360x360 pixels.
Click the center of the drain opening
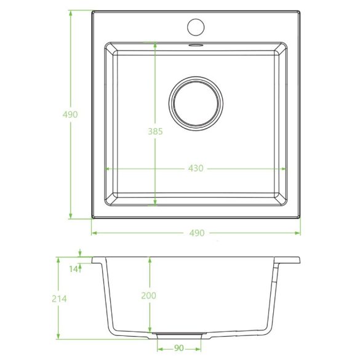pyautogui.click(x=196, y=104)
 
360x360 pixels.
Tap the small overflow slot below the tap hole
pyautogui.click(x=196, y=45)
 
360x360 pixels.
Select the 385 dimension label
pyautogui.click(x=155, y=131)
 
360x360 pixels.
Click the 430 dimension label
pyautogui.click(x=196, y=168)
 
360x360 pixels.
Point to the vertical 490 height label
pyautogui.click(x=70, y=114)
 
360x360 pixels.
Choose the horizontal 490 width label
pyautogui.click(x=197, y=233)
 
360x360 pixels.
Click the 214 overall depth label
pyautogui.click(x=59, y=298)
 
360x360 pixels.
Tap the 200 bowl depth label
pyautogui.click(x=148, y=295)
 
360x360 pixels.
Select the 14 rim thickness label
pyautogui.click(x=73, y=269)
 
